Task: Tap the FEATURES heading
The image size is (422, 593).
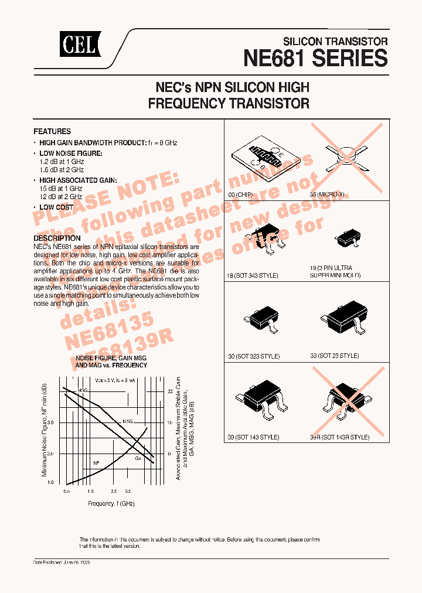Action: [x=52, y=132]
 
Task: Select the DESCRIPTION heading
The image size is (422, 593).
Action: [x=57, y=238]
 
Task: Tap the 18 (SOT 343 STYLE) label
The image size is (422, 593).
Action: [x=252, y=275]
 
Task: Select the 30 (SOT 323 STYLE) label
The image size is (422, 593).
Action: [x=253, y=356]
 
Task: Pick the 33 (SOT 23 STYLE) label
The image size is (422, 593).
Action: [x=334, y=356]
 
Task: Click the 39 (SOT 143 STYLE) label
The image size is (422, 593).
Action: [x=253, y=437]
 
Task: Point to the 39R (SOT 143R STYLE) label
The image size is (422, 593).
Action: [x=340, y=437]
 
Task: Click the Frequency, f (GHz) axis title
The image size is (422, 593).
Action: [x=111, y=503]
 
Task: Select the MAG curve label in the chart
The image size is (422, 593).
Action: [x=128, y=421]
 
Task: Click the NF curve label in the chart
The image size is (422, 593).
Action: [x=96, y=463]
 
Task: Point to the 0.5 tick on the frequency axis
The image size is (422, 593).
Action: [x=67, y=490]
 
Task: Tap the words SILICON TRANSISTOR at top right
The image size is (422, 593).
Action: [x=335, y=42]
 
